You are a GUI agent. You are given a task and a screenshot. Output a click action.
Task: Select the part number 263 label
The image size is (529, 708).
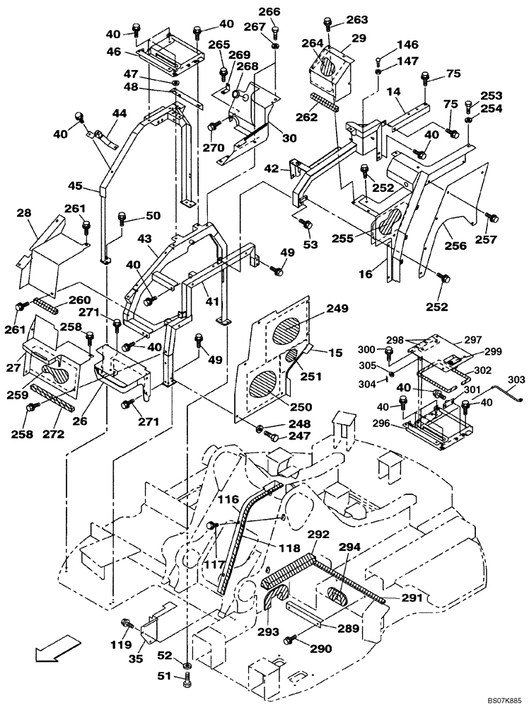(x=356, y=20)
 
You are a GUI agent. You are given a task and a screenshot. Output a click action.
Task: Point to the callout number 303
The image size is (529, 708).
(x=517, y=380)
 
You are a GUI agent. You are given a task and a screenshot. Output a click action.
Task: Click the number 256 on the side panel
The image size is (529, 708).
(x=455, y=246)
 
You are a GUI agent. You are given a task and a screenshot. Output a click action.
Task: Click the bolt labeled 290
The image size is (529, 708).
(x=291, y=640)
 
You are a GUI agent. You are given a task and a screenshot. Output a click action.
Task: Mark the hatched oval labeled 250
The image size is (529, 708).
(x=265, y=388)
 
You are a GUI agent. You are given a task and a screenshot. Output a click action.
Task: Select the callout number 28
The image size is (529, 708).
(x=23, y=214)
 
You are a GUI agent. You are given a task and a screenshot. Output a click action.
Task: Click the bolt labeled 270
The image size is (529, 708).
(x=211, y=127)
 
